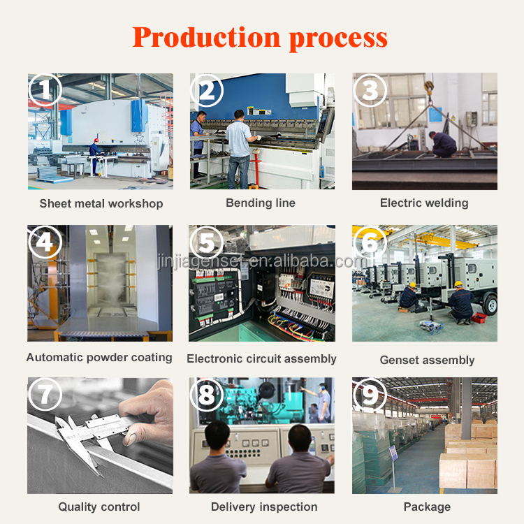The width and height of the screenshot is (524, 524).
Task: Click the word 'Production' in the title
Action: coord(207,38)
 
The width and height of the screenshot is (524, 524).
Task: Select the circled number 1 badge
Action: coord(45,89)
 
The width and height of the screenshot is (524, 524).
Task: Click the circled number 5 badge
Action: coord(207,242)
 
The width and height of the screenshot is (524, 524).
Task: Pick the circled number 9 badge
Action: coord(370,394)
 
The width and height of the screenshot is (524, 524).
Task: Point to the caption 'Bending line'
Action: coord(261,203)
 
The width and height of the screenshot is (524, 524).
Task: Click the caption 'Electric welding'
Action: coord(424,203)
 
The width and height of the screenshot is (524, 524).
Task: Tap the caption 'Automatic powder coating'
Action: coord(99,358)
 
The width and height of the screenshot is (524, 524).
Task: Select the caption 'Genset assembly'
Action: coord(427,360)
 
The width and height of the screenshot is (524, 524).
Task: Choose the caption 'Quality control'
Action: coord(99,507)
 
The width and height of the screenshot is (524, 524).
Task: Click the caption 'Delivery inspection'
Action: coord(264,507)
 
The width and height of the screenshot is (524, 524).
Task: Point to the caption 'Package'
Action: coord(427,507)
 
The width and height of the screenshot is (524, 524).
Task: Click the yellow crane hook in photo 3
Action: coord(429,87)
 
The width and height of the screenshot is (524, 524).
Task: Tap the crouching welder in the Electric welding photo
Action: coord(442,145)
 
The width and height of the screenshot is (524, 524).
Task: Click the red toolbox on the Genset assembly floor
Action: coord(479,318)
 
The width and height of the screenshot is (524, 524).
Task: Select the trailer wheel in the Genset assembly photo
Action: coord(490,305)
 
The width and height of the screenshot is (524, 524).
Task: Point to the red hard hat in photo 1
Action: coord(96,140)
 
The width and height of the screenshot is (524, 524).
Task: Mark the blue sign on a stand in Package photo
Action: coord(393,453)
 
